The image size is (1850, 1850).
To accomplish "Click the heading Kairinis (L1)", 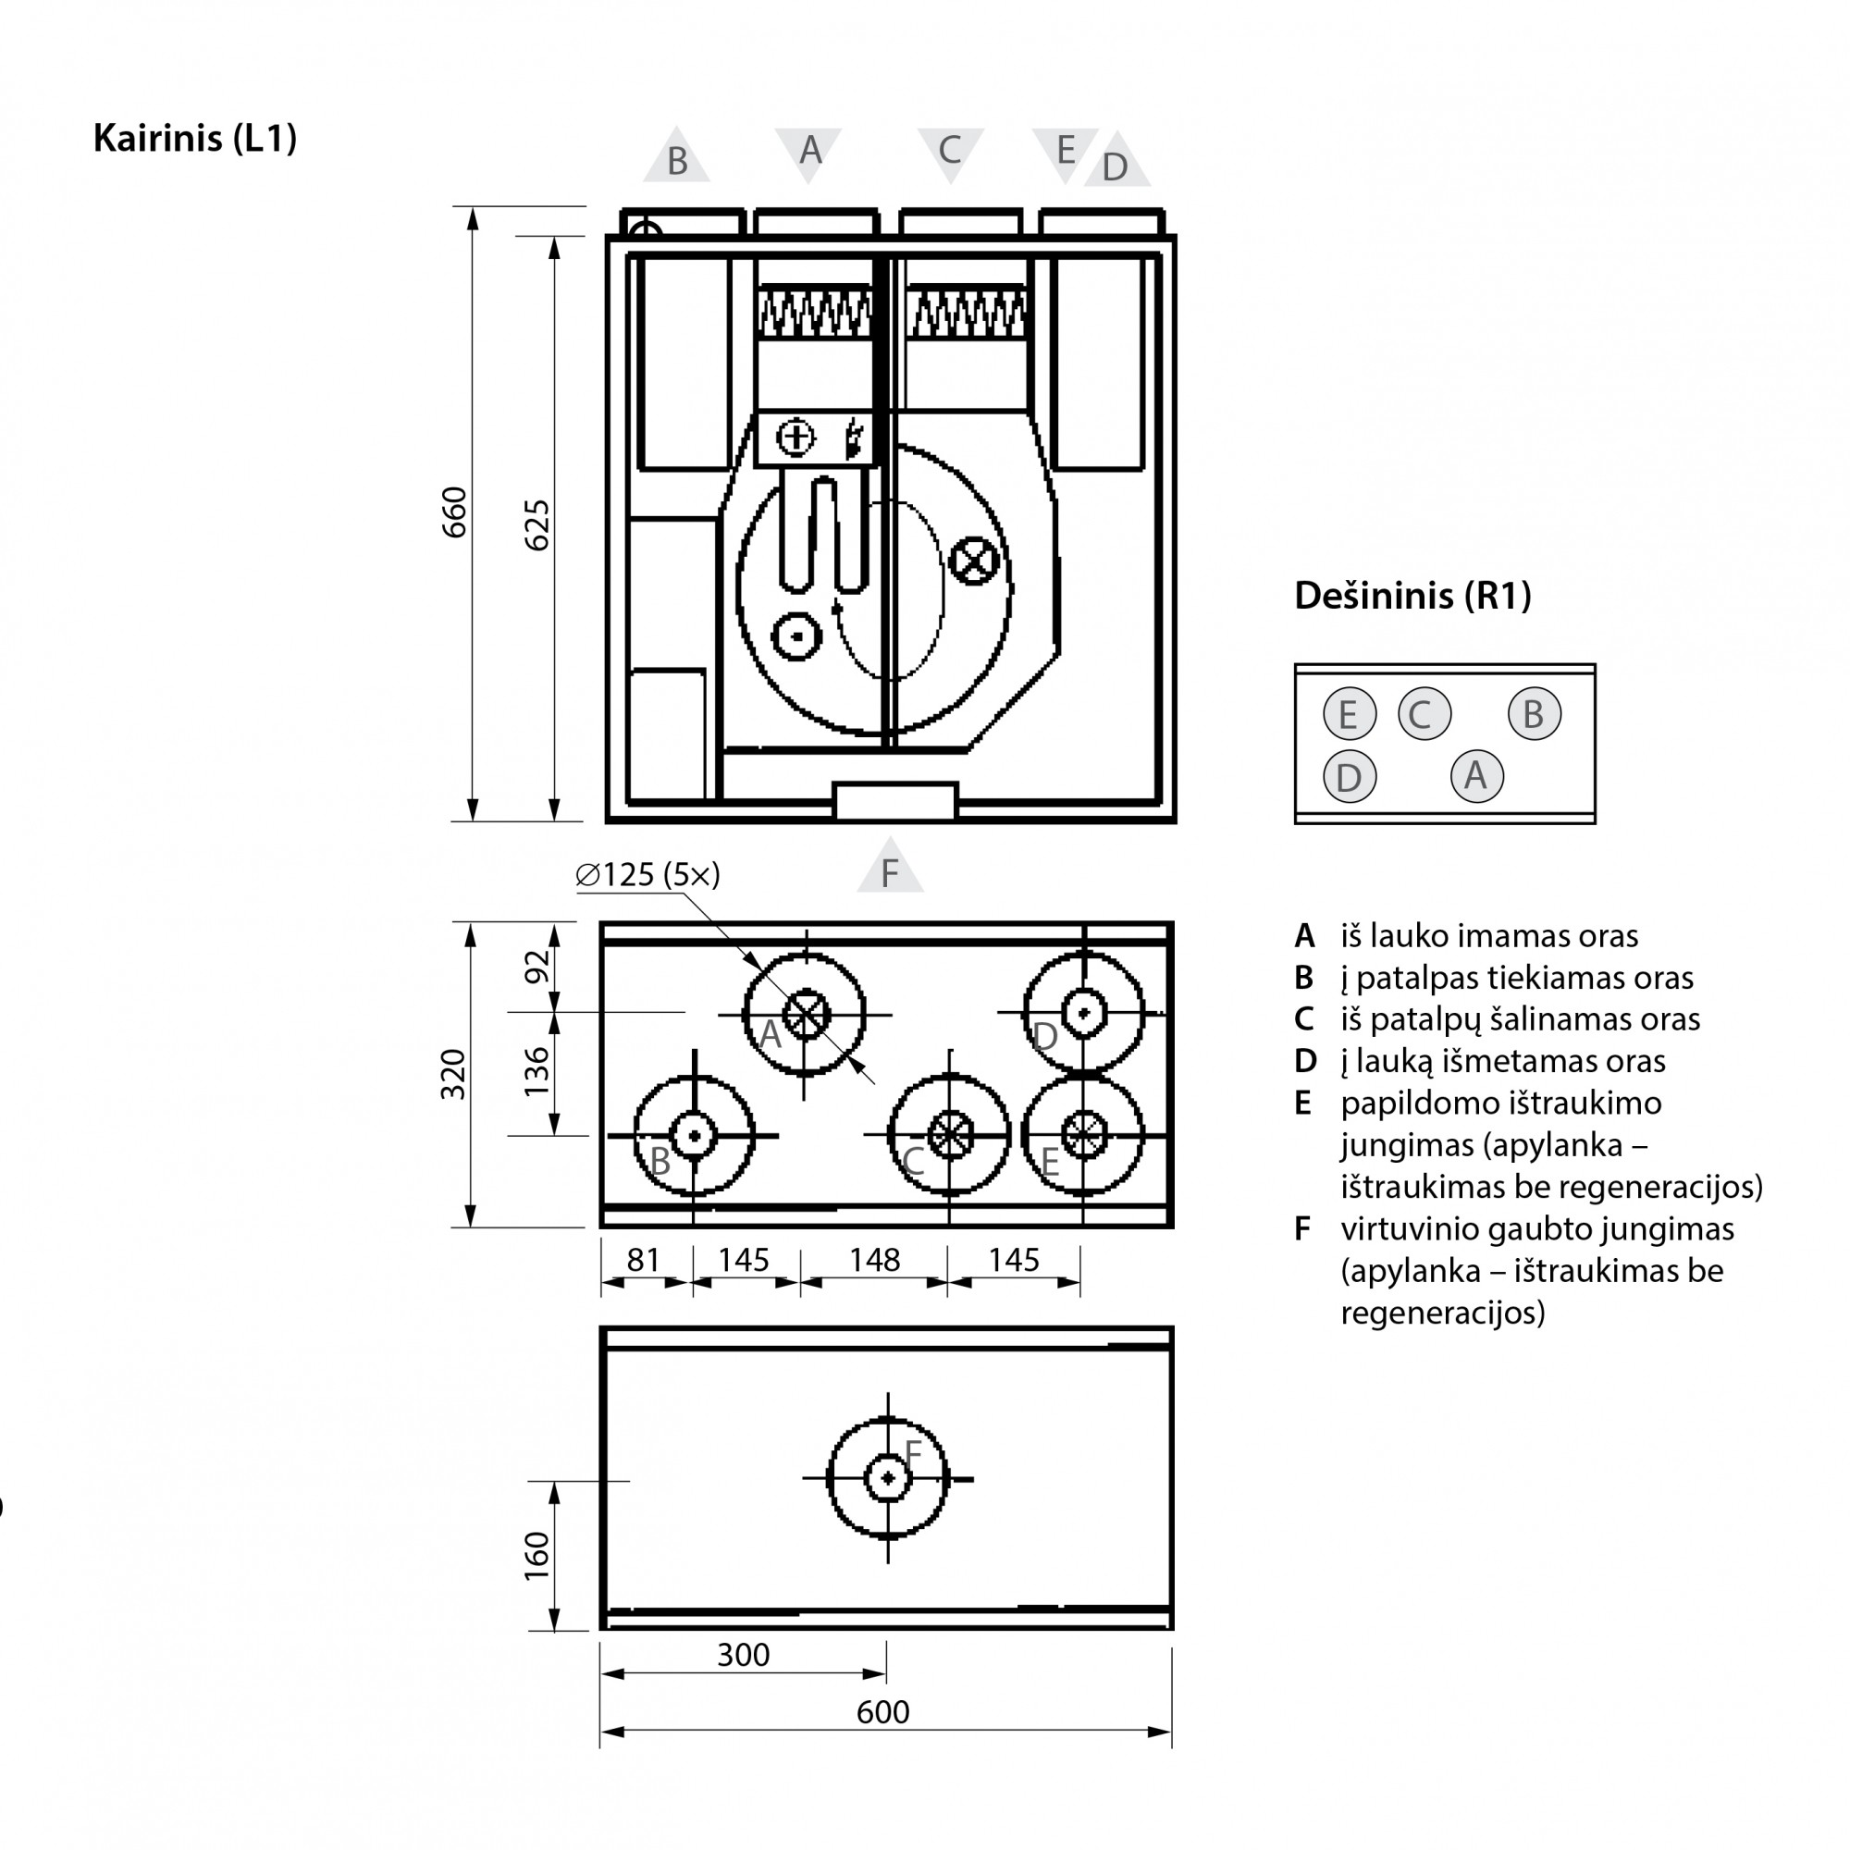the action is pos(194,139).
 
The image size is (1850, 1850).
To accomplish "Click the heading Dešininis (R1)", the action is pos(1412,596).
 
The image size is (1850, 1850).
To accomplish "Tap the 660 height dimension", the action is pos(454,512).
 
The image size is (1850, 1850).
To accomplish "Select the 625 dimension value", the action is pos(537,524).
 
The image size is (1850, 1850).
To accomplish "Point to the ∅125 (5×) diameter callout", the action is pos(647,874).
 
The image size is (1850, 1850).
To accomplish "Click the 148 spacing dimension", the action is pos(874,1259).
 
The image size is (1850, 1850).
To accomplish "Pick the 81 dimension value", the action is pos(644,1259).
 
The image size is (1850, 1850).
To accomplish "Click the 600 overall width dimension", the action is pos(882,1711).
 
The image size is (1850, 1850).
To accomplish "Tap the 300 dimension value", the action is pos(743,1654).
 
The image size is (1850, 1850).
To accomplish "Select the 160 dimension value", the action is pos(537,1555).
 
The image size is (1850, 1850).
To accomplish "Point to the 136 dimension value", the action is pos(537,1071).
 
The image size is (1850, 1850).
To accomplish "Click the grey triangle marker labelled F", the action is pos(890,867).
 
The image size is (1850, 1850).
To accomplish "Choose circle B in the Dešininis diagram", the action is pos(1534,713).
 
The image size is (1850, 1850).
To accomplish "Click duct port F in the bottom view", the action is pos(888,1478).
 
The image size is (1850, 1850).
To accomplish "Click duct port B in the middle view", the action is pos(695,1136).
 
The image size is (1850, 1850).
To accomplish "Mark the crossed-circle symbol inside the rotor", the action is pos(974,560).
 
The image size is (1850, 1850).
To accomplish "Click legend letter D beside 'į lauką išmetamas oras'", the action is pos(1305,1061).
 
